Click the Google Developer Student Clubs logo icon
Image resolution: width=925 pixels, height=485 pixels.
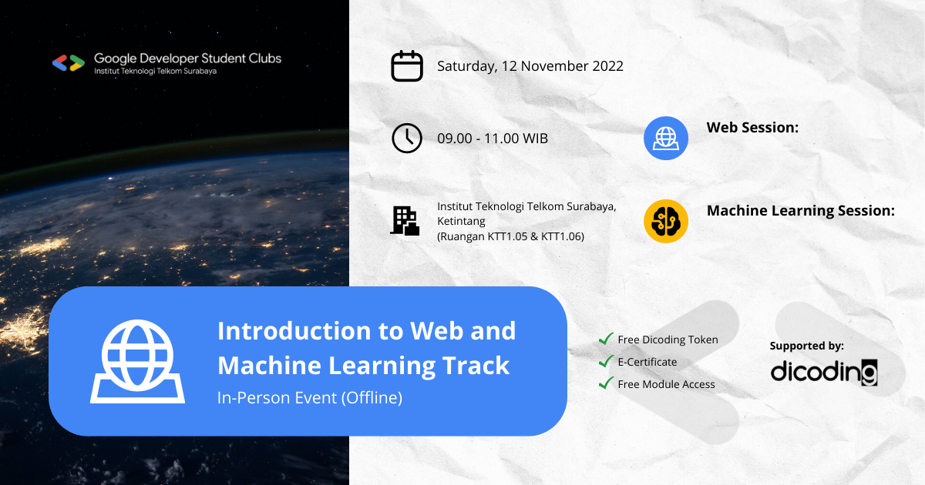coord(68,63)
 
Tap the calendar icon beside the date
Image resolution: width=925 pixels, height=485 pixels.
coord(407,65)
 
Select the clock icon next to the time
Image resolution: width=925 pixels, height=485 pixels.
coord(407,139)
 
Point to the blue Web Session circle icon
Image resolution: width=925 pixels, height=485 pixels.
coord(665,139)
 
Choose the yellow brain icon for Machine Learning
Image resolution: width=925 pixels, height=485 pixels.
coord(665,221)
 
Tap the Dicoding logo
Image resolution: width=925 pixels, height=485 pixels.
coord(824,372)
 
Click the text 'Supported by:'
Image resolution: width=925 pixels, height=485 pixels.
coord(806,346)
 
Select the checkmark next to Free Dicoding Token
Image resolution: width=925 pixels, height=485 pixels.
coord(606,339)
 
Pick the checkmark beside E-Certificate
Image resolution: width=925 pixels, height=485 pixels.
coord(606,361)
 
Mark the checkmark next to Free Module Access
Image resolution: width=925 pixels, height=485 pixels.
coord(606,383)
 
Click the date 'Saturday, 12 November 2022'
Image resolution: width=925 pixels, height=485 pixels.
coord(530,65)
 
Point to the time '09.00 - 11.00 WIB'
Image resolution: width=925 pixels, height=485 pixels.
coord(492,139)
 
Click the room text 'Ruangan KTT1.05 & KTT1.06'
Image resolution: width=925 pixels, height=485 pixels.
coord(510,236)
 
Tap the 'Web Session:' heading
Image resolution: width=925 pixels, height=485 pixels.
coord(752,128)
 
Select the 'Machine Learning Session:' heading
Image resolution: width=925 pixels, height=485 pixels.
coord(800,210)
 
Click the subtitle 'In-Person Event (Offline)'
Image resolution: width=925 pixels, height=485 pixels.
coord(310,398)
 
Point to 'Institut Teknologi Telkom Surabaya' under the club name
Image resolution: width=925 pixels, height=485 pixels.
coord(155,71)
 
